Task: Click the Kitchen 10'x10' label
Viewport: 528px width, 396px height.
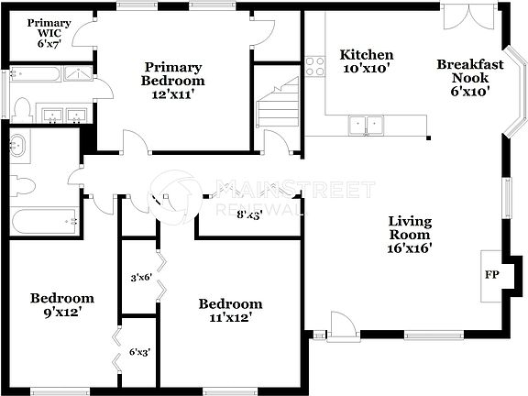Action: [367, 61]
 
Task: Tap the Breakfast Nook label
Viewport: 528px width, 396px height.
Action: [469, 77]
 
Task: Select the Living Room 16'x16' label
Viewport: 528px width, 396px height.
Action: [410, 234]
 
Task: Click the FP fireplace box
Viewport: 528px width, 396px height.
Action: [491, 274]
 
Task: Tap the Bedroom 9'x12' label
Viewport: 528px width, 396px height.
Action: [62, 305]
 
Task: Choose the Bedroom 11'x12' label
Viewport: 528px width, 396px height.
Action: [231, 310]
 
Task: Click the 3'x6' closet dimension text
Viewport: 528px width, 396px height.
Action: [140, 278]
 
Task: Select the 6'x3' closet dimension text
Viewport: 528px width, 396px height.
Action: [140, 350]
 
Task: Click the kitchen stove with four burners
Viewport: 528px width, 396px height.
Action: [315, 66]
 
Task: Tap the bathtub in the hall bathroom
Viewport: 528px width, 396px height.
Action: [44, 221]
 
